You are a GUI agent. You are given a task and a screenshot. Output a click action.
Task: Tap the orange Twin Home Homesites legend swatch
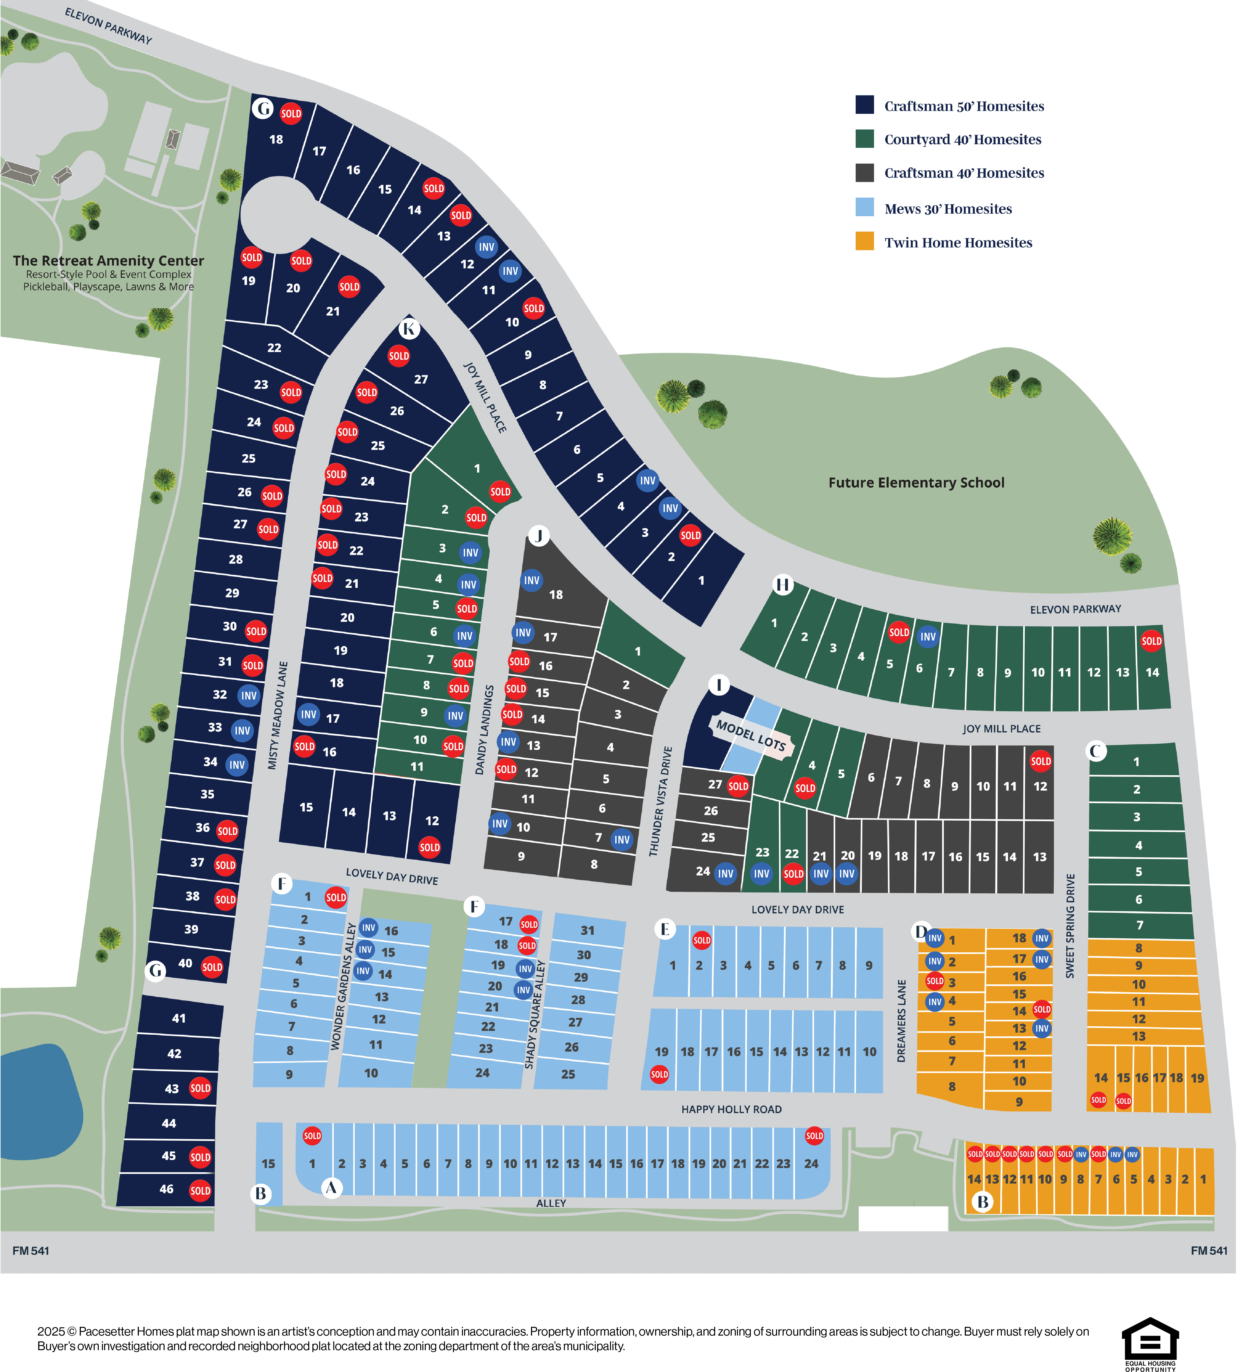[865, 241]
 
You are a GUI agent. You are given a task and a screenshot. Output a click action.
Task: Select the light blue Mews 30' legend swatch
[865, 207]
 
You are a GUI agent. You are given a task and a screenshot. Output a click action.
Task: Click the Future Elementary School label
[916, 483]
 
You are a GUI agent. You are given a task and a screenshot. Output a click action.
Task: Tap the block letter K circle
[409, 329]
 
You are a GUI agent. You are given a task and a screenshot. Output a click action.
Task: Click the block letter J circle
[539, 536]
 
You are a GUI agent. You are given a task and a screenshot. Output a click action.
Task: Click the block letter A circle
[331, 1188]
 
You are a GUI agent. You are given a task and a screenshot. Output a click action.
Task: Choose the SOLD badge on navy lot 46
[200, 1190]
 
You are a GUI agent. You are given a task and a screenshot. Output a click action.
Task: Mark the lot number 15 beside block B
[269, 1164]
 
